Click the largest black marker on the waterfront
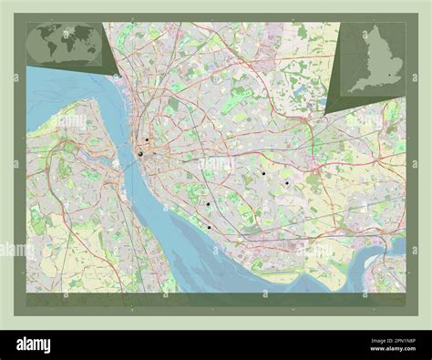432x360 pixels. point(140,154)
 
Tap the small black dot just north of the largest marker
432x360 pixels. point(146,139)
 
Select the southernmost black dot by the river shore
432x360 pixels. point(209,227)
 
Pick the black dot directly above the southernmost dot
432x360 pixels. point(207,203)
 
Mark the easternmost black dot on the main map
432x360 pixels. point(286,183)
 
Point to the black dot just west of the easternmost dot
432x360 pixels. point(262,172)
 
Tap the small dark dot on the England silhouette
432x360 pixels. point(389,75)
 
